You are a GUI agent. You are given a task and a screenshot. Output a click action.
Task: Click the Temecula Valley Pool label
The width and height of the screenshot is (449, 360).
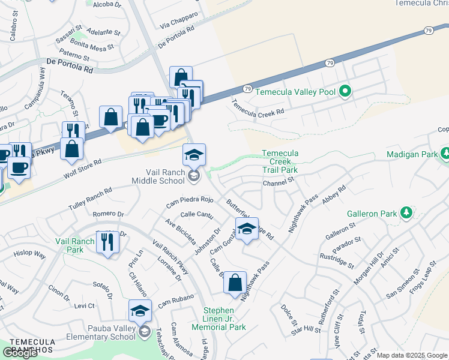coord(295,92)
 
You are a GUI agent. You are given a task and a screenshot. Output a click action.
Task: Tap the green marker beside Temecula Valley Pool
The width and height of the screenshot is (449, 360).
coord(345,92)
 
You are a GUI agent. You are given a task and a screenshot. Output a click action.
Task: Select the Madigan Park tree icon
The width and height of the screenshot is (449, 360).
coord(445,154)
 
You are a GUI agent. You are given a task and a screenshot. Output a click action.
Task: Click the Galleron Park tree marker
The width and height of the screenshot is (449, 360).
coord(406,212)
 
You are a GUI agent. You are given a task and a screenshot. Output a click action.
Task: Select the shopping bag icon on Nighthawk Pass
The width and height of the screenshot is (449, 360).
coord(235,281)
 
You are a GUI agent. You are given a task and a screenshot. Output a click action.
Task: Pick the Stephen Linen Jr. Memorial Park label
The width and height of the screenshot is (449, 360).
coord(218,319)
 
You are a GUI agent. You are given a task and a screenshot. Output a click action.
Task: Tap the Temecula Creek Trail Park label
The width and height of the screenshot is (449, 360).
coord(280,162)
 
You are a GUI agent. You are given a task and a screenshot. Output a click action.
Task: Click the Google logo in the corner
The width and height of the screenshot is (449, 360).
coord(20,353)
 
